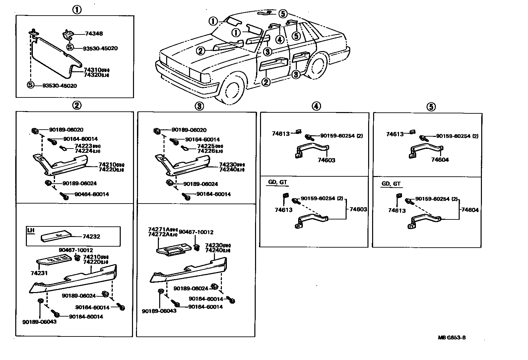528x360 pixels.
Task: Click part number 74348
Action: pos(94,33)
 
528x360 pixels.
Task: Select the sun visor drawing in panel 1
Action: pos(53,56)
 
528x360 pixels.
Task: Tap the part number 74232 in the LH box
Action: pos(91,237)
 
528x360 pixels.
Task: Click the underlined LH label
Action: pos(31,230)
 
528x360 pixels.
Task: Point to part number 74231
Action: pos(39,273)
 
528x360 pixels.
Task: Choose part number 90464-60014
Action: pos(92,194)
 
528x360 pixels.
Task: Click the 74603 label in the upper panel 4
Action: pos(326,160)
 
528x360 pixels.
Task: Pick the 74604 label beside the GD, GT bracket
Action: pos(470,210)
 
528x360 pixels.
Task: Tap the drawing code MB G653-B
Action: pos(451,338)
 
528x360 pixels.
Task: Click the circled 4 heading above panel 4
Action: pos(316,106)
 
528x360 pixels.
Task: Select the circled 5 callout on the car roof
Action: pos(282,14)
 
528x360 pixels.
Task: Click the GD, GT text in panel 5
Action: pos(391,184)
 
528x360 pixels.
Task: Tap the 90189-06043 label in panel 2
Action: pos(39,322)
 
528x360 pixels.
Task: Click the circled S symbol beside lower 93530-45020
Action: pos(31,85)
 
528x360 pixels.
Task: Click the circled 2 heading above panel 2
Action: pos(76,106)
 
